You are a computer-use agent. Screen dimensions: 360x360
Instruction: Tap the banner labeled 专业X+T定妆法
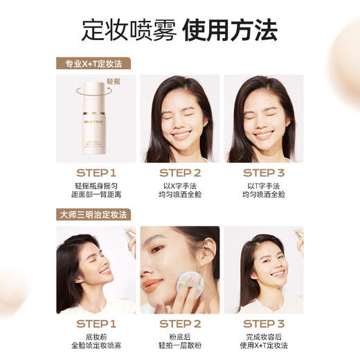tap(93, 63)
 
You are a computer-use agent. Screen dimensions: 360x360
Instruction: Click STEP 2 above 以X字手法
tap(180, 173)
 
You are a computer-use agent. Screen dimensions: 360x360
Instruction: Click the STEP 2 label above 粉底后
tap(180, 324)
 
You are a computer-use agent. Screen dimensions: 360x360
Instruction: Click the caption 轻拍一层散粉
tap(180, 345)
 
